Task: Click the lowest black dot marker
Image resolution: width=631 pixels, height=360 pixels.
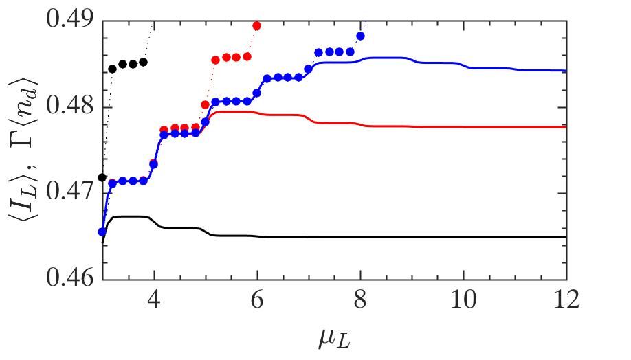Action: (x=103, y=177)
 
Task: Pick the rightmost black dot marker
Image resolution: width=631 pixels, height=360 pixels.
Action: (x=144, y=62)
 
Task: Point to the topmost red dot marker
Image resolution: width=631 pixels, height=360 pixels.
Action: (x=257, y=25)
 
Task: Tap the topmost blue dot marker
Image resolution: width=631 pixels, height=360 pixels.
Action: (x=360, y=36)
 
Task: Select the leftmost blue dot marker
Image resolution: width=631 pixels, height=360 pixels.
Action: (x=102, y=232)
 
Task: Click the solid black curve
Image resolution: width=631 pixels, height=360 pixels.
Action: (x=412, y=237)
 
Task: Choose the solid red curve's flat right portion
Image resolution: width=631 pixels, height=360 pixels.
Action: (x=481, y=127)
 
